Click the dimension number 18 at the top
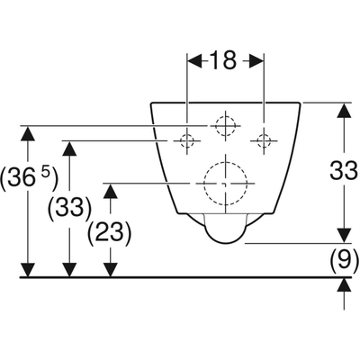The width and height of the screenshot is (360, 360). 223,60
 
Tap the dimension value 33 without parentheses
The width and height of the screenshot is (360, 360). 344,170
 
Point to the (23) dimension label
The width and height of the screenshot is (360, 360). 109,232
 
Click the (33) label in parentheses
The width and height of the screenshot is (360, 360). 69,207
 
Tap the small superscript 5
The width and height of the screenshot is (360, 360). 45,174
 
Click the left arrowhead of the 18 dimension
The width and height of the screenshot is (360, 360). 194,61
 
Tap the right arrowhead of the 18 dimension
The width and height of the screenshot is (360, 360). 256,61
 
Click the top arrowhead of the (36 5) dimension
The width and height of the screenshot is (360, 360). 28,133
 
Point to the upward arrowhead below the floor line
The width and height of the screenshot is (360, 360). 344,284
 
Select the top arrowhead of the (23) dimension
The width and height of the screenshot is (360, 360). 111,191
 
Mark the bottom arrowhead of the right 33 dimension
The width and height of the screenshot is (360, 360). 344,235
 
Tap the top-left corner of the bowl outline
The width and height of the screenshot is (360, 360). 151,103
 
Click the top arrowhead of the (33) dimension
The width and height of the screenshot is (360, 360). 69,148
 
